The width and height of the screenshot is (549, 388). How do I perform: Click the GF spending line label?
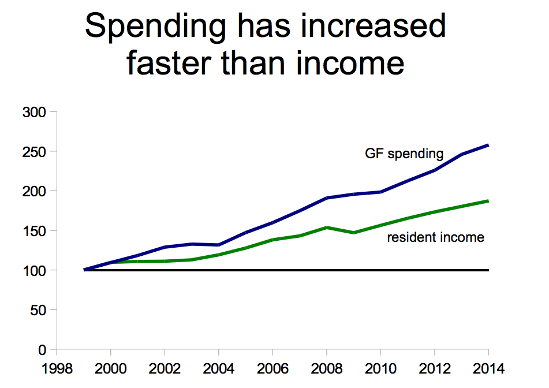coord(404,154)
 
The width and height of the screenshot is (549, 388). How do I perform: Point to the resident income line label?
coord(435,237)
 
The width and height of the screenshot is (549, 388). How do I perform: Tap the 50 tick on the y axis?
coord(38,310)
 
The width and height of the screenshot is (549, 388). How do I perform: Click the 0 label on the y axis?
coord(42,349)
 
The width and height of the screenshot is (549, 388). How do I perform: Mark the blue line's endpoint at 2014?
coord(488,145)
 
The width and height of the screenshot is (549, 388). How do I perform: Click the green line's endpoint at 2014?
coord(488,201)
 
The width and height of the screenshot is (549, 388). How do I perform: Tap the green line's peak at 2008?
coord(327,227)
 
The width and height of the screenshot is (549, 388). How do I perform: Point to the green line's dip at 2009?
coord(354,233)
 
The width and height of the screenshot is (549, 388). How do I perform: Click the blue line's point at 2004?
coord(219,245)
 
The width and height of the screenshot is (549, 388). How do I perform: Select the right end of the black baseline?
coord(488,270)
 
